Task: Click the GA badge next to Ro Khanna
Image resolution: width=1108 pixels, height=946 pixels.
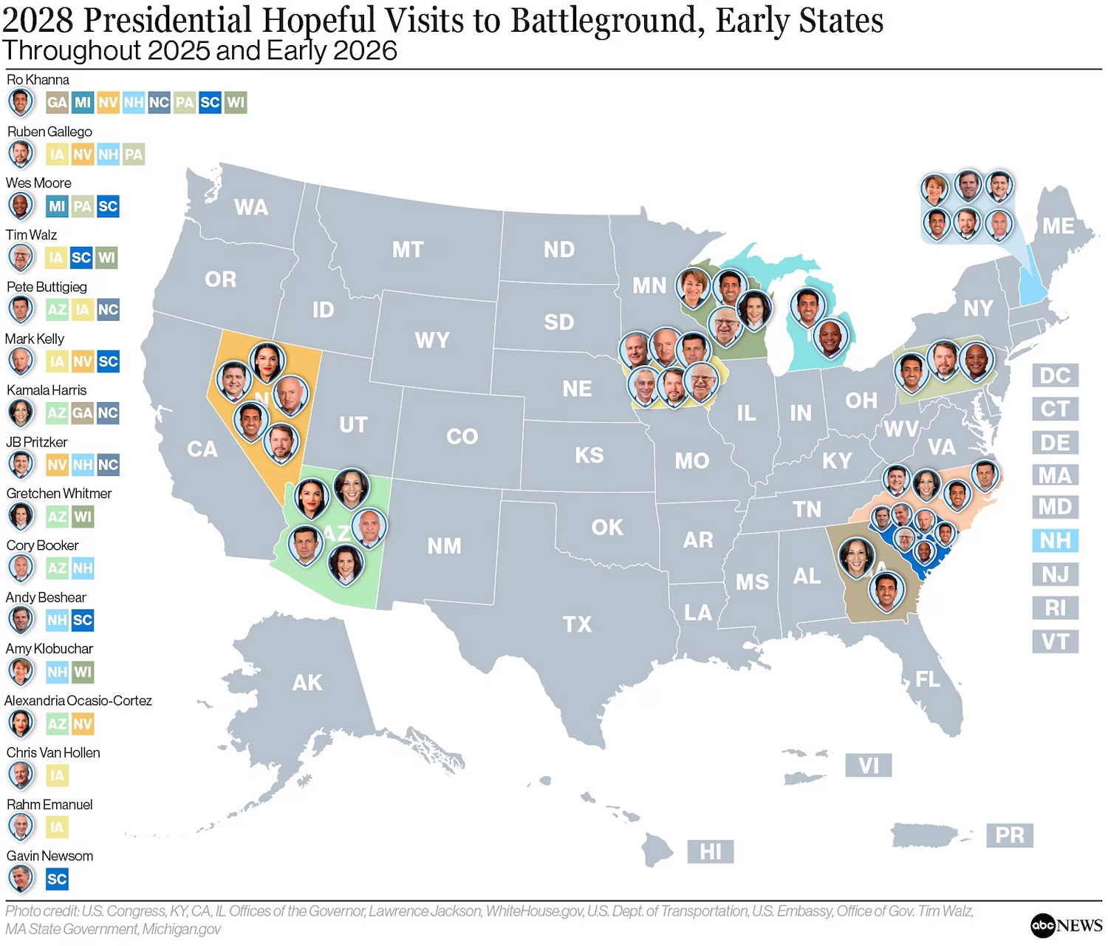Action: coord(57,103)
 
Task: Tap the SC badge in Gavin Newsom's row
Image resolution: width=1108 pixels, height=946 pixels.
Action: coord(57,879)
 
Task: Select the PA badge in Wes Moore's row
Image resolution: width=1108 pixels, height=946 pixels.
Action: coord(82,206)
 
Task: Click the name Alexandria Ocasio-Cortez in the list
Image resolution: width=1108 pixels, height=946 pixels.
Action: coord(78,701)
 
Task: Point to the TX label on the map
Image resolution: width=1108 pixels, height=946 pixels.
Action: coord(577,625)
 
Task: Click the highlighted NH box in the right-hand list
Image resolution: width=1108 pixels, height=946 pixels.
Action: coord(1055,540)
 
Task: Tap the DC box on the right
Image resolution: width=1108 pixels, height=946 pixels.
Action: coord(1055,375)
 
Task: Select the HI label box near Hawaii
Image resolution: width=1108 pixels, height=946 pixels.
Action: coord(710,851)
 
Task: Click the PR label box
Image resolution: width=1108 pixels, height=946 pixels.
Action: coord(1009,835)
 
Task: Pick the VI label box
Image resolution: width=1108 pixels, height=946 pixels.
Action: coord(868,765)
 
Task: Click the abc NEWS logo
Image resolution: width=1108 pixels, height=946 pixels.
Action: coord(1066,925)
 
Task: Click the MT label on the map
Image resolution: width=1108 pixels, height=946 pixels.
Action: coord(408,250)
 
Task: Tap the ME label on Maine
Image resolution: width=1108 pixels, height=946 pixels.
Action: coord(1058,226)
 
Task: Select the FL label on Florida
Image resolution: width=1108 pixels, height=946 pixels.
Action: coord(928,679)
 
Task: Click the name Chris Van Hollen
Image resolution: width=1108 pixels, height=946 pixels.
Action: coord(53,752)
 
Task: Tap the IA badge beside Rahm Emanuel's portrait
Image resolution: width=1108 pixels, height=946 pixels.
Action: coord(57,827)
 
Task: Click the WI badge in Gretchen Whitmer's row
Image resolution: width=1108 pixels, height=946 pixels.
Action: coord(83,517)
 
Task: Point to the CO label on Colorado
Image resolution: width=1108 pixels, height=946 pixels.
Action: coord(462,437)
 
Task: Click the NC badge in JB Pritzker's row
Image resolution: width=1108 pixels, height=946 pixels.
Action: coord(108,465)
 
